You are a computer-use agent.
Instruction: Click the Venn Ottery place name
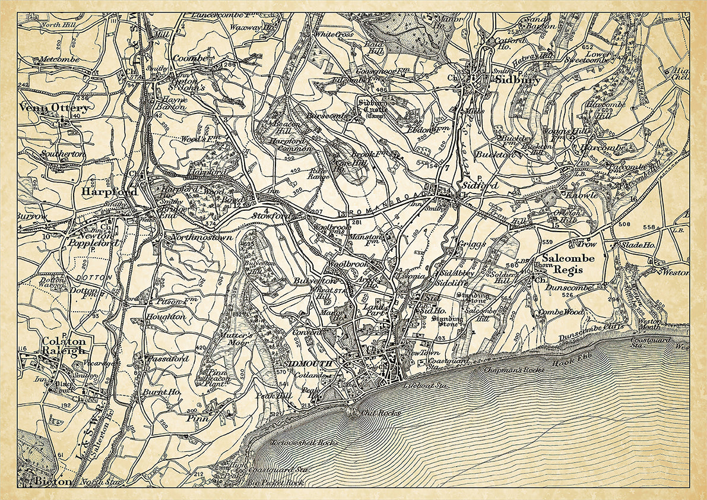55,108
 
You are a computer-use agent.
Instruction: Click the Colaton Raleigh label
64,346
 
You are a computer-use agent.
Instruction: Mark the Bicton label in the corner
53,480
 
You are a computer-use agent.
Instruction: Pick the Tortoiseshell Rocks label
303,442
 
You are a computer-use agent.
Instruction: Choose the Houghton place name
166,317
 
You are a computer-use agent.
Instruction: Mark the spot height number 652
588,46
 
